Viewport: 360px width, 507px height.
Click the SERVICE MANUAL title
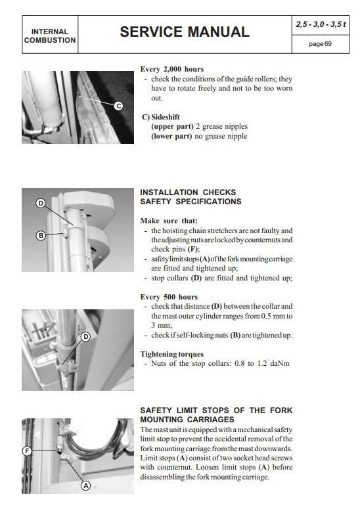tap(185, 32)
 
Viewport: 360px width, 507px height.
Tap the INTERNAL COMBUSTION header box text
tap(50, 36)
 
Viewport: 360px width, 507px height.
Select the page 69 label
tap(320, 44)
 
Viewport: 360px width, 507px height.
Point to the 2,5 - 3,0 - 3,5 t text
tap(321, 24)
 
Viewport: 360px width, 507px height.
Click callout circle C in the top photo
tap(119, 106)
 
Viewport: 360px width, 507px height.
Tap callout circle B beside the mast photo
tap(41, 235)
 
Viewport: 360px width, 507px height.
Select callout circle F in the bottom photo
tap(27, 451)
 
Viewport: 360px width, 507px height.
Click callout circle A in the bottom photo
tap(85, 485)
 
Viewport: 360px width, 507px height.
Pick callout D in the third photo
tap(85, 337)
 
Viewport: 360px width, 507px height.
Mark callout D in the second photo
tap(41, 203)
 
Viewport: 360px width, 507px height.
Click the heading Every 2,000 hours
tap(172, 69)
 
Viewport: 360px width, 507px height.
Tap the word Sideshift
tap(166, 117)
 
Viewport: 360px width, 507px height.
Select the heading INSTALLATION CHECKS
tap(188, 192)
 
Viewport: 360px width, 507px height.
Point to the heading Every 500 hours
tap(169, 297)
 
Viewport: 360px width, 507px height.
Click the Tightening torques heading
tap(172, 355)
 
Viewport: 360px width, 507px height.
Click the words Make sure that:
tap(169, 221)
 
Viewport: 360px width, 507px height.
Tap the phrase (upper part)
tap(172, 127)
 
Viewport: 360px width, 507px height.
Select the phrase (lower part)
tap(171, 136)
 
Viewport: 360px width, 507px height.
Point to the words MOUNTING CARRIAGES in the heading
tap(187, 420)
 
